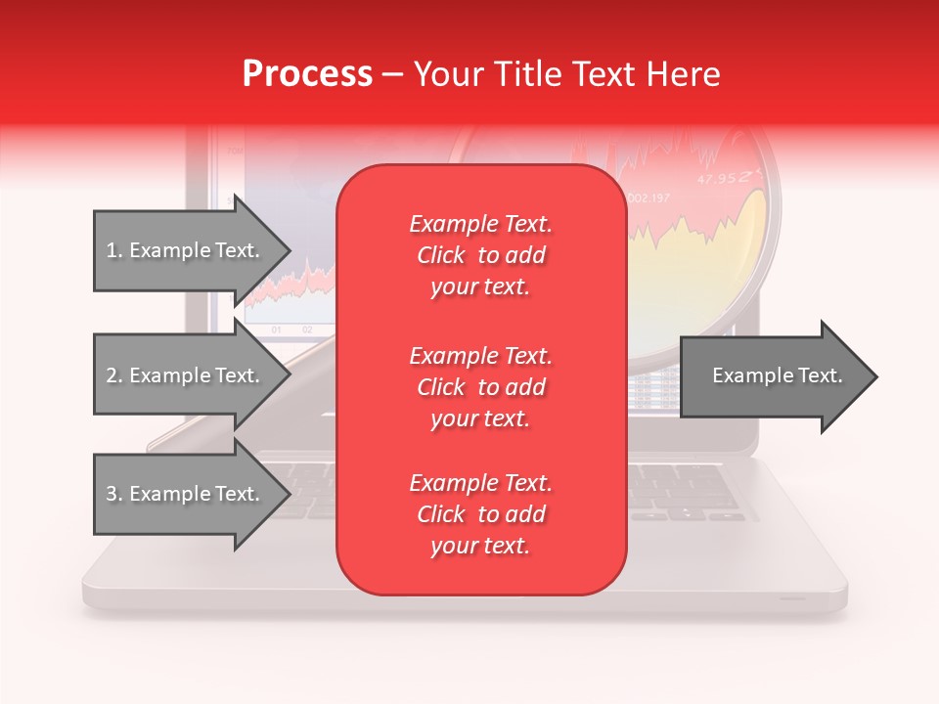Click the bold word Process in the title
307,74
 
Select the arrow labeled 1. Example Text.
186,250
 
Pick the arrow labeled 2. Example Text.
186,375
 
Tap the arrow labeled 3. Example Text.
186,494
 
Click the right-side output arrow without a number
773,376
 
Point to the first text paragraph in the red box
480,255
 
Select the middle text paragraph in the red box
480,386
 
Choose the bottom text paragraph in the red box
480,514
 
